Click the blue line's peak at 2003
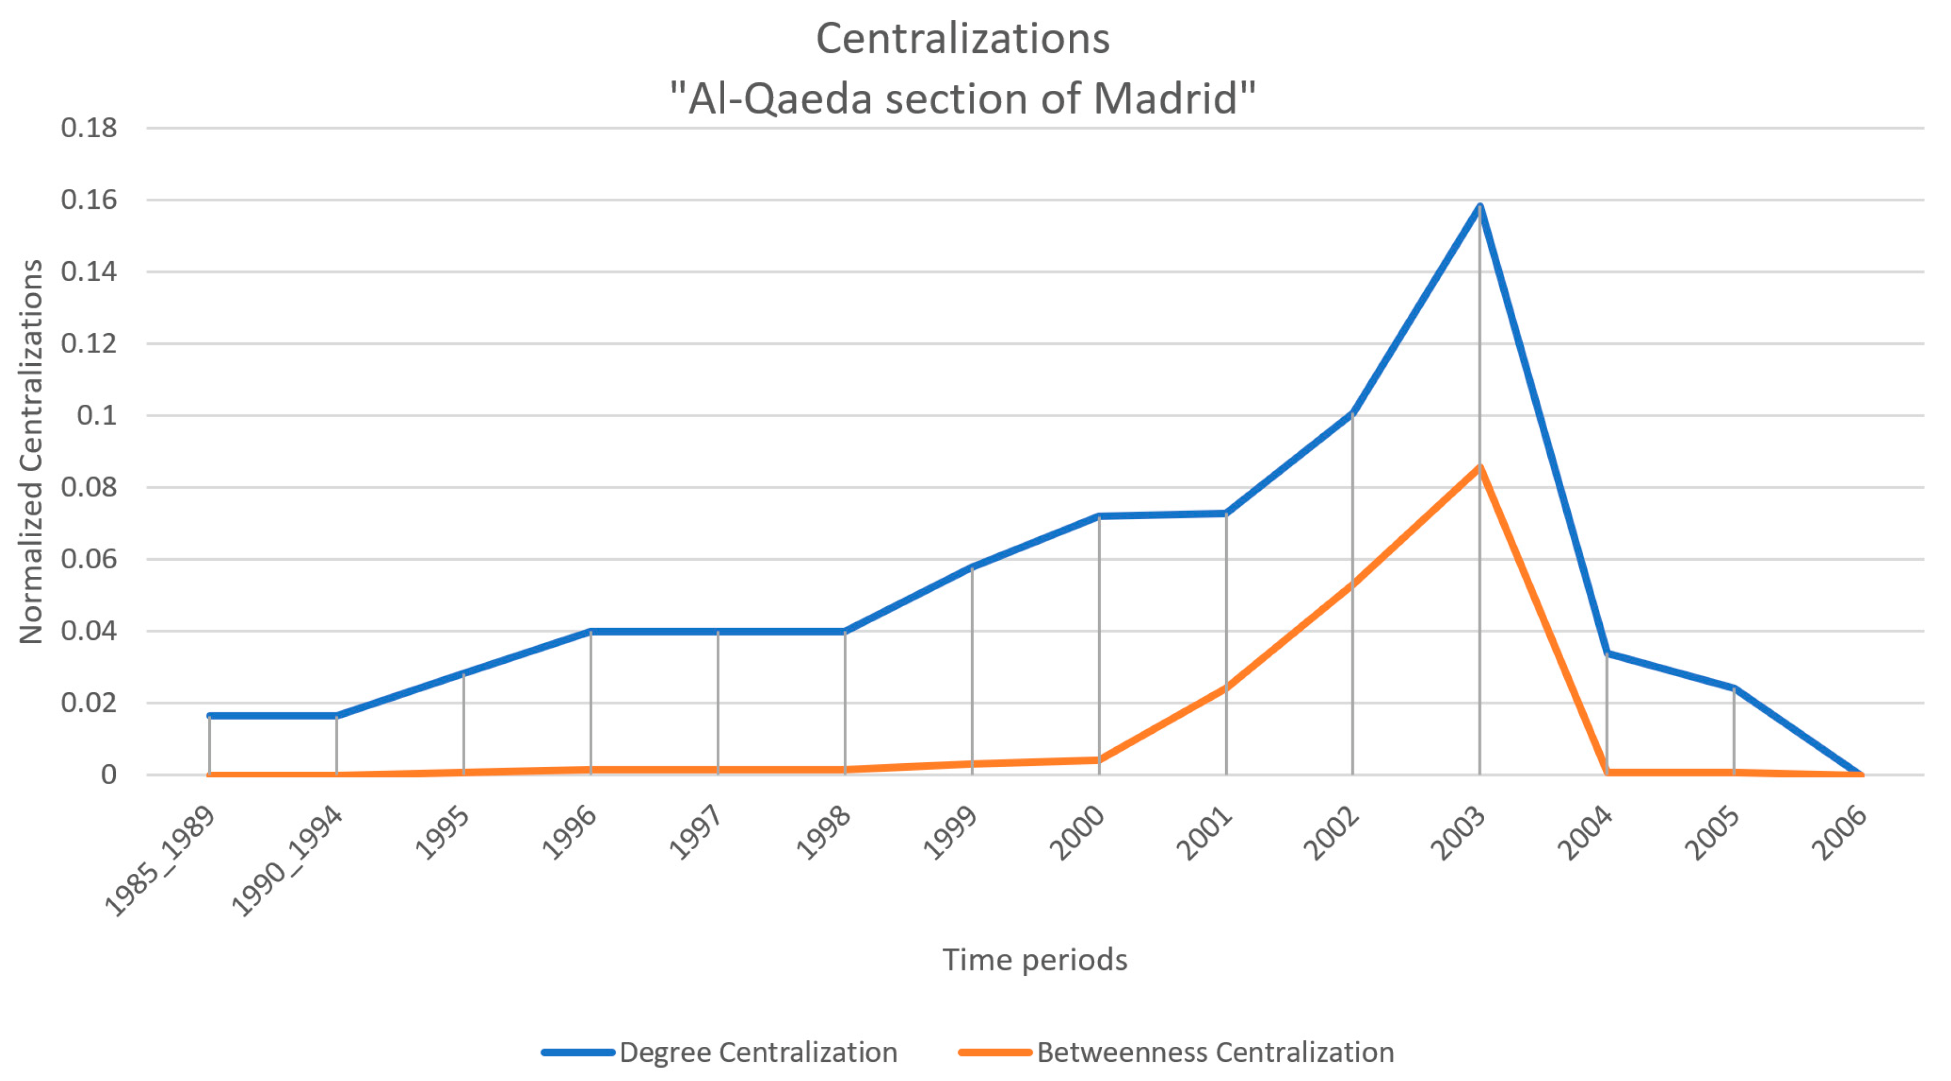1480,206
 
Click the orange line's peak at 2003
1480,467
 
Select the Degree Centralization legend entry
757,1052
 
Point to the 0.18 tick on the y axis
89,128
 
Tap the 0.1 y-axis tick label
97,415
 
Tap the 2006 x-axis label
1839,833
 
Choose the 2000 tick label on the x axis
1077,833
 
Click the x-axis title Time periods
1035,960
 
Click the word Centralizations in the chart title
962,38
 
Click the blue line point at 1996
591,631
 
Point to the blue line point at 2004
1607,653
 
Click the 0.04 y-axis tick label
89,631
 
